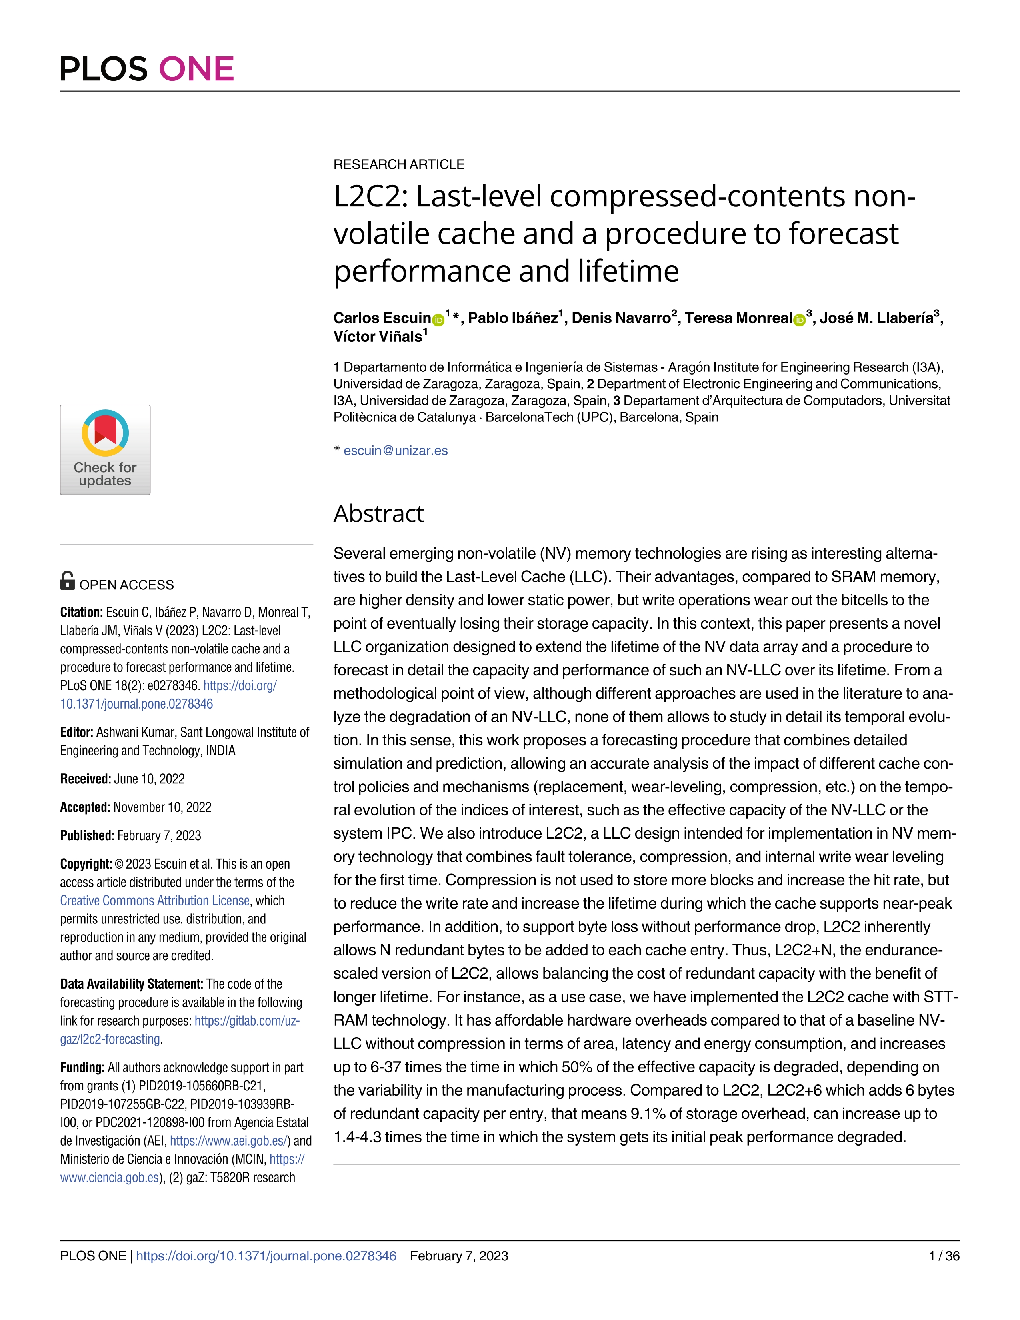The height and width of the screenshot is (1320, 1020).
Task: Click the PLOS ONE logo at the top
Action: [147, 68]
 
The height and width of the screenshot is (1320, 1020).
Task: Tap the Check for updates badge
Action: [105, 450]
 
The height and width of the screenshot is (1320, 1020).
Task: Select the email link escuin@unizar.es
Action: [395, 450]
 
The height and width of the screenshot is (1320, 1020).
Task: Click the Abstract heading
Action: [378, 514]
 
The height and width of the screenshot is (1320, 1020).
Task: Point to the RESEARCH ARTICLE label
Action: [399, 164]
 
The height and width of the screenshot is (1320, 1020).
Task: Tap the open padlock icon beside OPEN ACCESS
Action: [68, 581]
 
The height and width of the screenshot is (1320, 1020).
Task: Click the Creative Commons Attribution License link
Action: [155, 901]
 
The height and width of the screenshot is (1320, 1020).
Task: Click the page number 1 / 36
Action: [944, 1256]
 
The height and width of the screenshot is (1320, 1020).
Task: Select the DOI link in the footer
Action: [266, 1256]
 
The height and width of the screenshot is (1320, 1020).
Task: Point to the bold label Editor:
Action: [77, 733]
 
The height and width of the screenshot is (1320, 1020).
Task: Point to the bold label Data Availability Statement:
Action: [132, 984]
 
